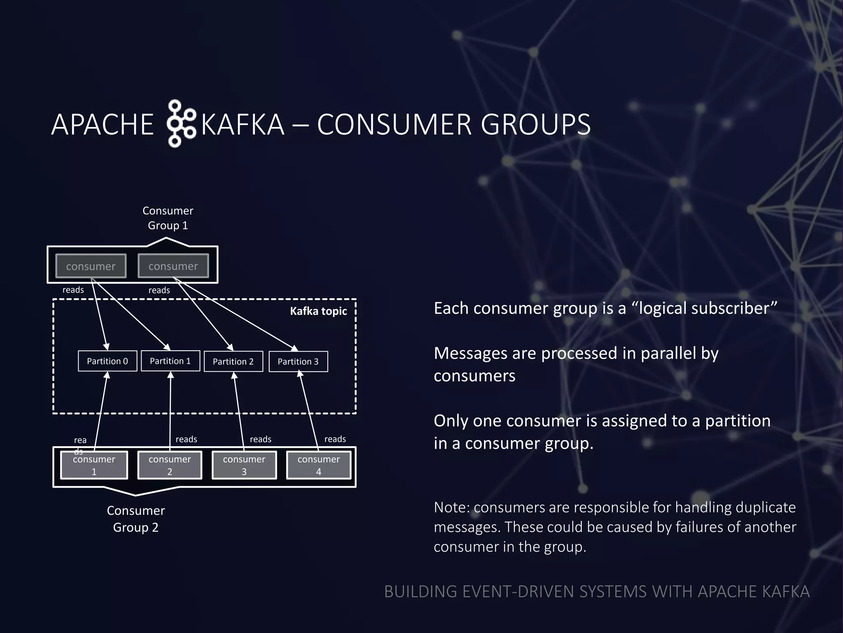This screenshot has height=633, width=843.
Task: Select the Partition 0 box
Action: (107, 361)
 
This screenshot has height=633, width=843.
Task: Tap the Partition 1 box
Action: (170, 361)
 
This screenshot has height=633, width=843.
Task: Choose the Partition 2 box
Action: (233, 361)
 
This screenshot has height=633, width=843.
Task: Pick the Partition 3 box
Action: (298, 361)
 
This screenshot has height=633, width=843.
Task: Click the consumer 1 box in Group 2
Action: (94, 465)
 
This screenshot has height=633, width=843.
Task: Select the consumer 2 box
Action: (170, 465)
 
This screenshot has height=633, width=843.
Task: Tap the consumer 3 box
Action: (244, 465)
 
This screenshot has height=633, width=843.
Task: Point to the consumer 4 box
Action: (319, 465)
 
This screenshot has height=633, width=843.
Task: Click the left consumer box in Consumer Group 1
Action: (91, 266)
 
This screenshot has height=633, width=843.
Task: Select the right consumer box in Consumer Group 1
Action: (173, 266)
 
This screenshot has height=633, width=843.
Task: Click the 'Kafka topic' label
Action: (318, 311)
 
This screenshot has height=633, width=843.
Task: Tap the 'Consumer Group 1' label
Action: (168, 218)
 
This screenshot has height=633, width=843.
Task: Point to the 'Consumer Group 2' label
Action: (136, 519)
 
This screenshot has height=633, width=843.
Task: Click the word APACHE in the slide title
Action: (102, 124)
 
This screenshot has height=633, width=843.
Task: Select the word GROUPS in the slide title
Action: (536, 124)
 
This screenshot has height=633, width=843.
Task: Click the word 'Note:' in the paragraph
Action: (452, 507)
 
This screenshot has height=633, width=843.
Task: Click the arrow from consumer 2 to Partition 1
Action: (170, 408)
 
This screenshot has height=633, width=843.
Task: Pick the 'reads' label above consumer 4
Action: (335, 439)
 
